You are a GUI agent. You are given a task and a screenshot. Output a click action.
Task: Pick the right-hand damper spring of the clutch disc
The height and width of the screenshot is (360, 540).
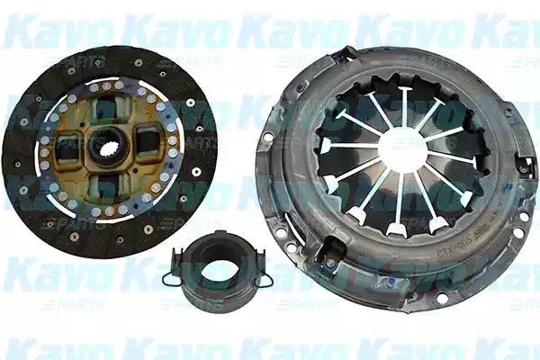(148, 143)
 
